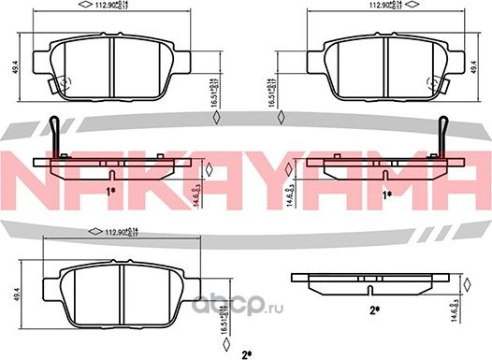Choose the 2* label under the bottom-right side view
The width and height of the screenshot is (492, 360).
pos(373,309)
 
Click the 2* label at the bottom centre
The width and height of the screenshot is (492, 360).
pos(246,353)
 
